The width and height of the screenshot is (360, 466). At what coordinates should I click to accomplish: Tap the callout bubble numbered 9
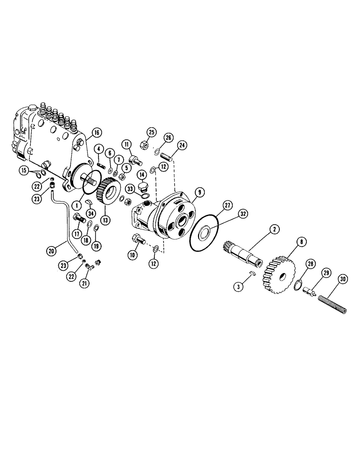(x=199, y=191)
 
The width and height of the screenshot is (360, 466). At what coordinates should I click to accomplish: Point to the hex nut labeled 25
(x=145, y=147)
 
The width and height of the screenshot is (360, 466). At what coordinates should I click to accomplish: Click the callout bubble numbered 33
(x=131, y=189)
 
